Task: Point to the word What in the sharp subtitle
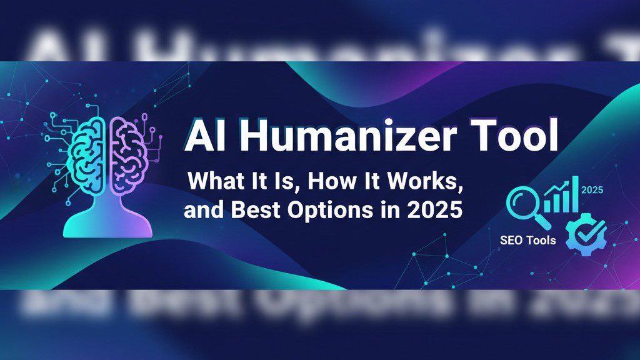pyautogui.click(x=213, y=182)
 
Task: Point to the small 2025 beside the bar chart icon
pyautogui.click(x=592, y=190)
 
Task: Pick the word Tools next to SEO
pyautogui.click(x=541, y=240)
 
